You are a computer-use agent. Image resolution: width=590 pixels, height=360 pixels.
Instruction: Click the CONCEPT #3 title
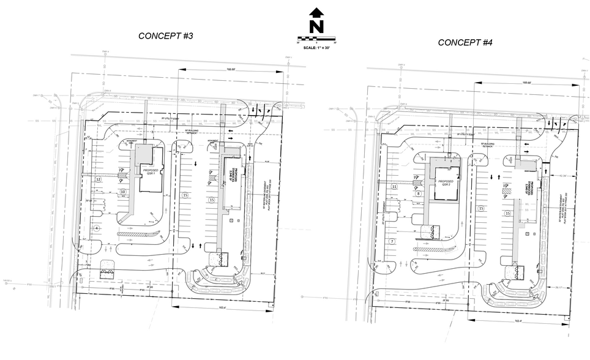[165, 36]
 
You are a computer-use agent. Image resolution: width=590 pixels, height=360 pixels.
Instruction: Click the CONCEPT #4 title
[465, 42]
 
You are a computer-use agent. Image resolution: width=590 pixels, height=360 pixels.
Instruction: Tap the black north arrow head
[316, 12]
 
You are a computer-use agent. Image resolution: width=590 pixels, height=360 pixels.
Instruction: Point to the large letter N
[316, 26]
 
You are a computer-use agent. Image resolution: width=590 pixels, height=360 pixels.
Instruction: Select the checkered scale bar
[316, 39]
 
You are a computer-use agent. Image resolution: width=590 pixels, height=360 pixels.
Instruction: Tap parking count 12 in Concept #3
[98, 179]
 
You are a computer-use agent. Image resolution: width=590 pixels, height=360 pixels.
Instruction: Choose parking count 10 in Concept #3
[123, 192]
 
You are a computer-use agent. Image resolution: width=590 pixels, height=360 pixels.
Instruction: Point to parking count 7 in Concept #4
[391, 241]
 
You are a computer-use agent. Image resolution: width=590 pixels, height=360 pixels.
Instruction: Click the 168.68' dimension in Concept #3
[230, 67]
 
